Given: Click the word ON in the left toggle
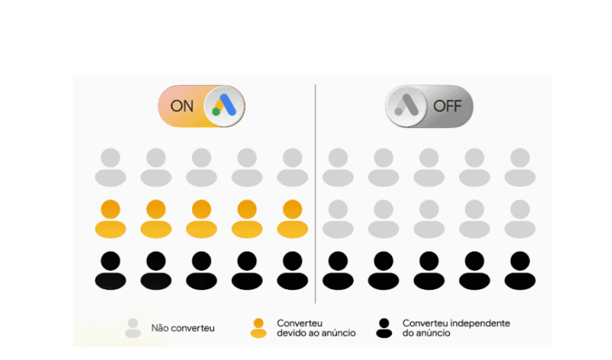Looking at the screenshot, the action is pos(182,106).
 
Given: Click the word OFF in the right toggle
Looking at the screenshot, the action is pos(447,106).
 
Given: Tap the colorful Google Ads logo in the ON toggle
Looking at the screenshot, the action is pos(224,106).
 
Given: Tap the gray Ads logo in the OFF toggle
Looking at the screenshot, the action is pos(406,106).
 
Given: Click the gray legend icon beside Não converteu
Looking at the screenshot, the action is pos(134,327).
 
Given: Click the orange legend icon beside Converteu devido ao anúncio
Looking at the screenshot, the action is pos(258,327).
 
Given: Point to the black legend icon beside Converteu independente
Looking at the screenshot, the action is pos(384,327).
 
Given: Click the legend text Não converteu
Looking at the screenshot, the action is pos(183,327).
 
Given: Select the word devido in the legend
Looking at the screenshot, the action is pos(291,333).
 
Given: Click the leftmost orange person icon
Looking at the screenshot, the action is pos(110,219).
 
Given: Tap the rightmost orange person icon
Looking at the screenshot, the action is pos(292,219).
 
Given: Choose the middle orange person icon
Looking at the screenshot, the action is pos(201,219).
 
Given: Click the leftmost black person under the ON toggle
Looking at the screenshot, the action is pos(110,270).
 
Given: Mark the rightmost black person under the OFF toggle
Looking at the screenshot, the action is pos(520,270).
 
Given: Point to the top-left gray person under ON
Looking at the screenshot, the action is pos(110,168).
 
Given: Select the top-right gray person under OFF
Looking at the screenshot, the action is pos(520,168).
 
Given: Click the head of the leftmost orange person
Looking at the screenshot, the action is pos(110,210).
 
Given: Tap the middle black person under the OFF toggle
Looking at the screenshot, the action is pos(429,270).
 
